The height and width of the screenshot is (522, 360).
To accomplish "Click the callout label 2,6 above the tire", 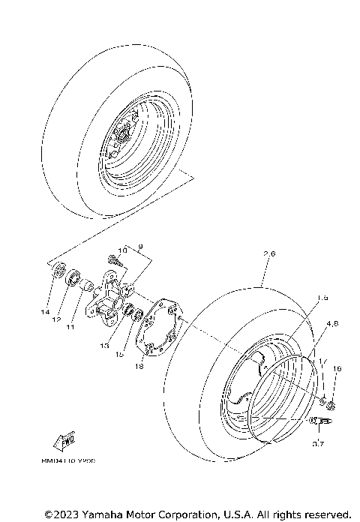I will [x=270, y=275].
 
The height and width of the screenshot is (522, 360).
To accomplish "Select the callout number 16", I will [x=337, y=368].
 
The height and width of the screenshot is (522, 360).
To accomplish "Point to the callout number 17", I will [x=323, y=362].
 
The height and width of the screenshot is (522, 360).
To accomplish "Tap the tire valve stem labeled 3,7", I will [x=318, y=423].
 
